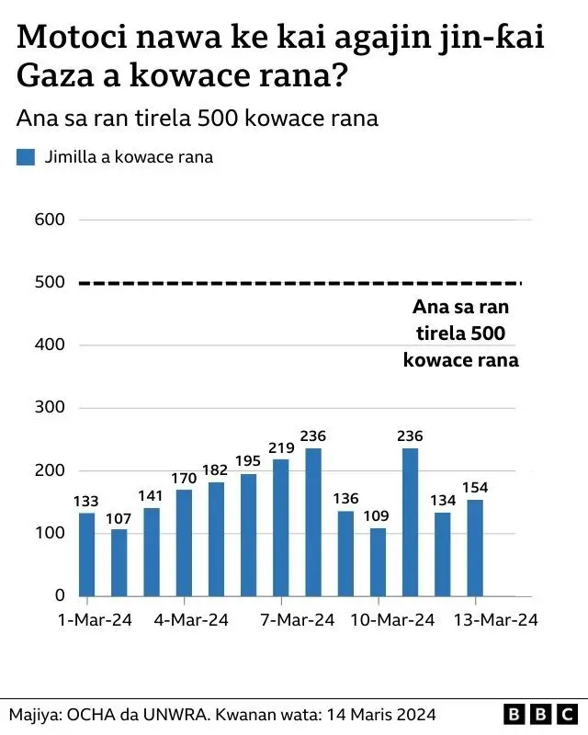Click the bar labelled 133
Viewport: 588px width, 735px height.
tap(86, 554)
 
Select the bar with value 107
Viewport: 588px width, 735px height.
tap(119, 562)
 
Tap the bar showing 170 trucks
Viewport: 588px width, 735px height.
tap(184, 542)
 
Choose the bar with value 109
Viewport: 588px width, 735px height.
tap(378, 561)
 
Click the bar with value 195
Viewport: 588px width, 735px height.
tap(248, 535)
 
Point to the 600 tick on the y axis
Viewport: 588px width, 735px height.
tap(50, 220)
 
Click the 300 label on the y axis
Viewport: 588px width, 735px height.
tap(50, 408)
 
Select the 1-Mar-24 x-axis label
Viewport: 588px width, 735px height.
tap(94, 621)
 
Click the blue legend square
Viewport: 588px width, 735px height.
tap(26, 157)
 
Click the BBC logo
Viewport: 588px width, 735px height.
tap(541, 714)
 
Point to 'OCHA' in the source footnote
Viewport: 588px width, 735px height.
tap(94, 714)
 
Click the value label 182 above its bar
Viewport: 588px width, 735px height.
tap(216, 470)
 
